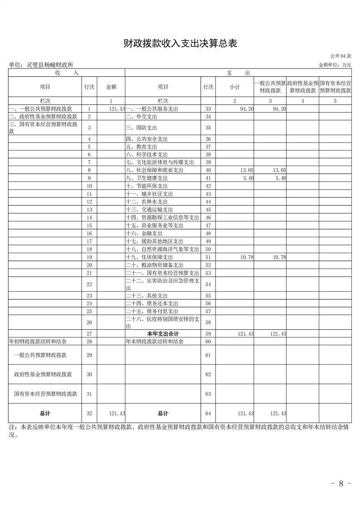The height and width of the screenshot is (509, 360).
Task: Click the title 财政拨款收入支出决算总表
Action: [180, 44]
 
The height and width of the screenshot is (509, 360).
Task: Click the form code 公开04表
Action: [340, 56]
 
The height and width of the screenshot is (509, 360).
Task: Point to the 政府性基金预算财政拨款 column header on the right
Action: [302, 87]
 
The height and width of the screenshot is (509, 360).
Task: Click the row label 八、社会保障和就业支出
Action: [154, 170]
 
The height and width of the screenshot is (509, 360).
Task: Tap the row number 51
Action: [208, 257]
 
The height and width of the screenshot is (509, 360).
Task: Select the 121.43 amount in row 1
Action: [117, 109]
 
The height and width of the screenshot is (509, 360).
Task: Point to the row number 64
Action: [208, 413]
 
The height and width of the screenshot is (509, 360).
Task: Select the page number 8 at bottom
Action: [341, 484]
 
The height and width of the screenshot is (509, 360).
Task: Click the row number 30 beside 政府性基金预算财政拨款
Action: [89, 374]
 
